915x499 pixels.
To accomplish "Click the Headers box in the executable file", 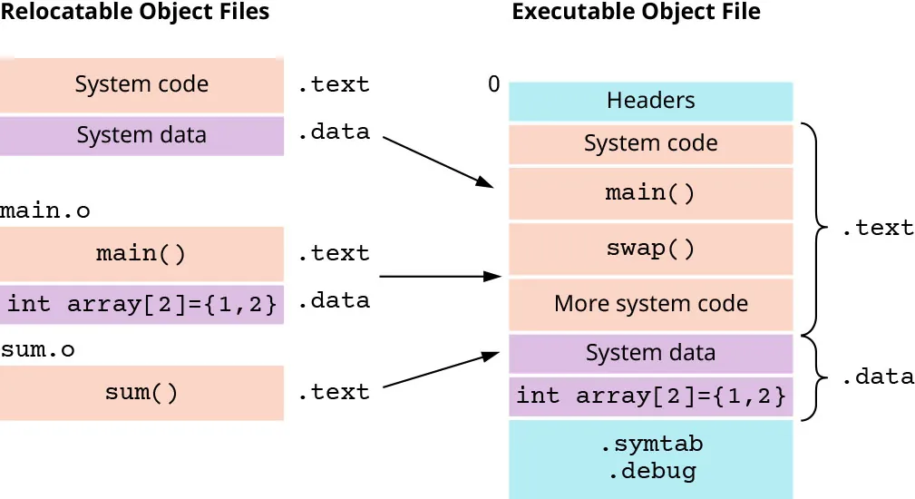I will (x=650, y=101).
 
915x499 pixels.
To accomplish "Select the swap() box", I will (x=650, y=249).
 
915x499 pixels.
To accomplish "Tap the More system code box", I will (x=650, y=304).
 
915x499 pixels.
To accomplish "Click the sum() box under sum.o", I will (x=141, y=393).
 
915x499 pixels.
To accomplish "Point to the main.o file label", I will (x=45, y=211).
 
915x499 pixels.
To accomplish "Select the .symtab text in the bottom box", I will (x=651, y=445).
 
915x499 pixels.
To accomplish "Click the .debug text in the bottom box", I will (x=651, y=471).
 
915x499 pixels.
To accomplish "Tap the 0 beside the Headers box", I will (x=493, y=84).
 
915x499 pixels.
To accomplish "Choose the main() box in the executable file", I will (x=650, y=193).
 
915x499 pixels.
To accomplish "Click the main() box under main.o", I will (x=141, y=253).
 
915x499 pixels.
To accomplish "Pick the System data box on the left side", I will (x=141, y=135).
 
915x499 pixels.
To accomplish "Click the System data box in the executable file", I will (x=650, y=353).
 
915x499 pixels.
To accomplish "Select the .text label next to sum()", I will (x=334, y=392).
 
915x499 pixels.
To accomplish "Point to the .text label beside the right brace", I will (x=877, y=228).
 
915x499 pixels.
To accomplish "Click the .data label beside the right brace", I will (x=877, y=377).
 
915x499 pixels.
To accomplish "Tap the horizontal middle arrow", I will (x=440, y=276).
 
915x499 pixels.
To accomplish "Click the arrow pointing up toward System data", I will (x=442, y=370).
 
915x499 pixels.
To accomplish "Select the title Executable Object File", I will (x=636, y=12).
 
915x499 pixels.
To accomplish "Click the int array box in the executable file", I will (x=650, y=396).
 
